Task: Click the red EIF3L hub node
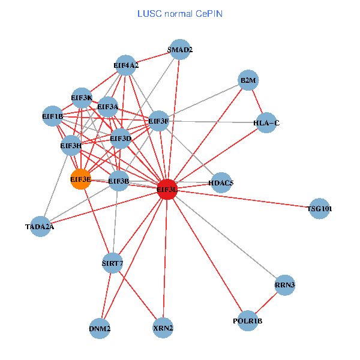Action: (x=166, y=189)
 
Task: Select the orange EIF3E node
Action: (x=80, y=179)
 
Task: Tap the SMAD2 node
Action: (x=180, y=50)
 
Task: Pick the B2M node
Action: (x=248, y=80)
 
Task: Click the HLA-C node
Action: (x=266, y=123)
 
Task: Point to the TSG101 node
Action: (x=320, y=209)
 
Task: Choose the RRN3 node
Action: (x=284, y=285)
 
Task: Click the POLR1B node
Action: (x=248, y=320)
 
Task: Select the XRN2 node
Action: (x=163, y=328)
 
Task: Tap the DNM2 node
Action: (x=100, y=328)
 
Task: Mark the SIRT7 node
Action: (x=113, y=263)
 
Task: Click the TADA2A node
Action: (x=40, y=226)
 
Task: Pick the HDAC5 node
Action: (x=221, y=182)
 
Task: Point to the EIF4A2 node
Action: (x=126, y=65)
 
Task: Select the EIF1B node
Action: (x=52, y=116)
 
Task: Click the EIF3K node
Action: (x=82, y=97)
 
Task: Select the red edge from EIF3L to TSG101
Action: (x=243, y=199)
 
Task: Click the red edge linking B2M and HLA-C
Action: (x=257, y=101)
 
